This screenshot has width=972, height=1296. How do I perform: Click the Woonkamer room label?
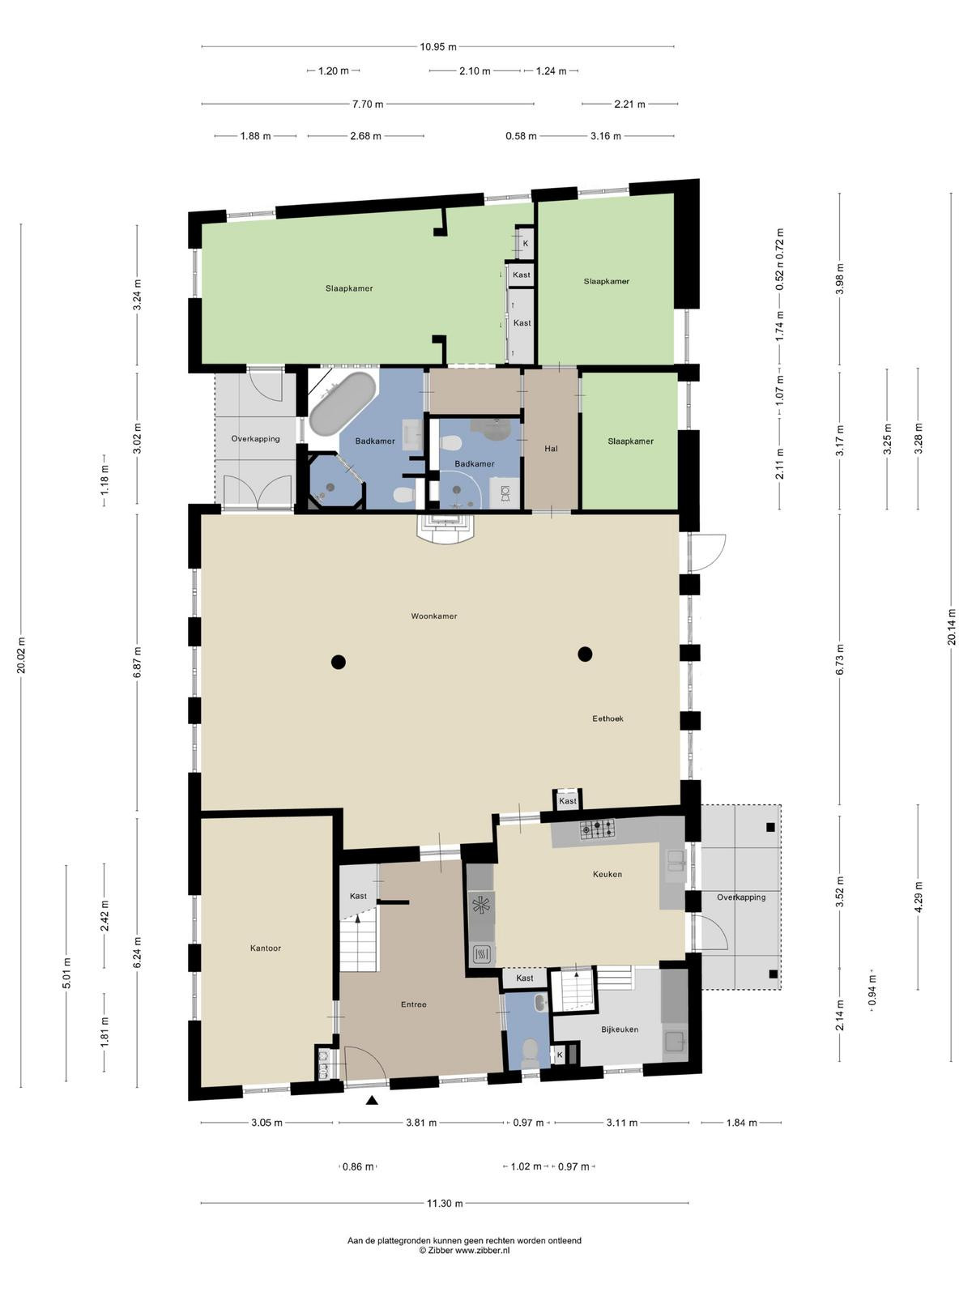pos(434,616)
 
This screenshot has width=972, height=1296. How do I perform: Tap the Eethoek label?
pos(607,718)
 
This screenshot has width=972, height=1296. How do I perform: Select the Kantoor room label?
pos(265,949)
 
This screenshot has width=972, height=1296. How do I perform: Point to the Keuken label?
pos(607,874)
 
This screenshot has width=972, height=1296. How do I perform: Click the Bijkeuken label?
pos(620,1030)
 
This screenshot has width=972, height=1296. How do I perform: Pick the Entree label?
pos(413,1004)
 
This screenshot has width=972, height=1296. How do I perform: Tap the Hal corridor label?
pos(551,449)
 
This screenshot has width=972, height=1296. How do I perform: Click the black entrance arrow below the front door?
pos(372,1100)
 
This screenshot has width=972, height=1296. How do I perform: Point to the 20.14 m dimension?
pos(951,627)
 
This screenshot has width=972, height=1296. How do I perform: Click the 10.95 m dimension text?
pos(438,47)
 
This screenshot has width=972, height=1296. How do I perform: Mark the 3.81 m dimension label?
pos(421,1123)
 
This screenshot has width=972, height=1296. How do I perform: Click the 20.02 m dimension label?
pos(21,654)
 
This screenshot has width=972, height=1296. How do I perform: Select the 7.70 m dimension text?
pos(367,104)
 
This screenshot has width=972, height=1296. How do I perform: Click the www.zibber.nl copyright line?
pos(464,1250)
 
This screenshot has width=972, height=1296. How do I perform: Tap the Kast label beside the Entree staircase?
pos(358,896)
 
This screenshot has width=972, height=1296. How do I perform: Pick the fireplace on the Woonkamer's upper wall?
pos(446,529)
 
